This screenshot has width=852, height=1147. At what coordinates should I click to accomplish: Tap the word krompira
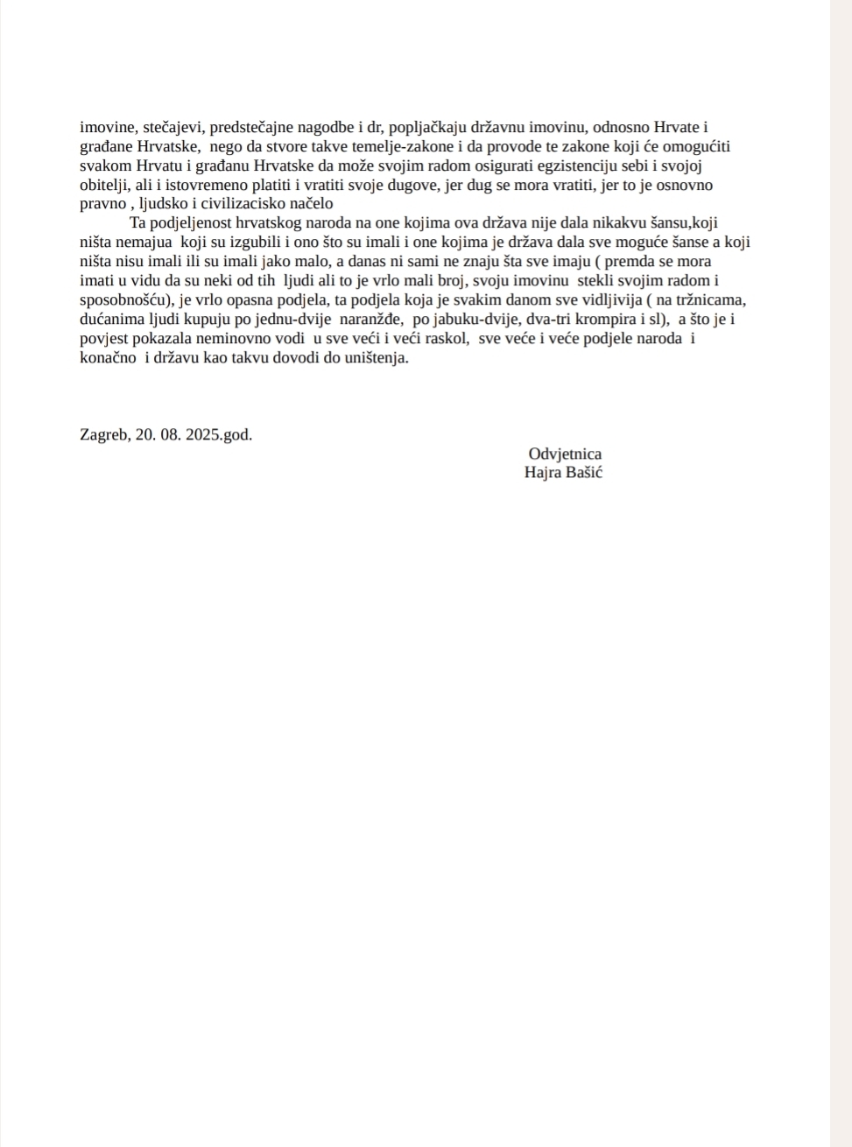(x=604, y=320)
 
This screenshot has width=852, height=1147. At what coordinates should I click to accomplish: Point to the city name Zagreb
(x=103, y=434)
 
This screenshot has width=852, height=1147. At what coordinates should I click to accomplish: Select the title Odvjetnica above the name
(x=565, y=454)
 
